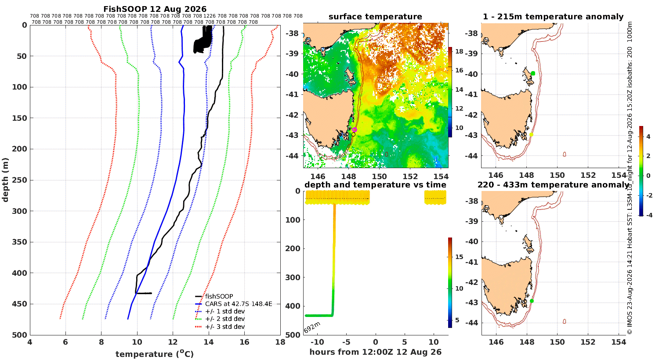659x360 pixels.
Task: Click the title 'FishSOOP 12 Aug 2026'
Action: pyautogui.click(x=155, y=9)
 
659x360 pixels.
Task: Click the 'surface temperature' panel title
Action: pyautogui.click(x=375, y=17)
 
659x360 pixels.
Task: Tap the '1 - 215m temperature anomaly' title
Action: pyautogui.click(x=553, y=17)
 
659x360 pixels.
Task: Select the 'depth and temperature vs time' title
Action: pyautogui.click(x=375, y=185)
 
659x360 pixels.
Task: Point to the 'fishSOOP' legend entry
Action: pyautogui.click(x=219, y=296)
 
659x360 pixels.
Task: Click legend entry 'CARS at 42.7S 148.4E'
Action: pyautogui.click(x=239, y=304)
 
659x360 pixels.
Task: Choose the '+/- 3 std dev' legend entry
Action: pyautogui.click(x=225, y=327)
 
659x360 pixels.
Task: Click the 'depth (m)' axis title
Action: pyautogui.click(x=5, y=180)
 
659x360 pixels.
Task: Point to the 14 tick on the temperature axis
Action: pyautogui.click(x=209, y=342)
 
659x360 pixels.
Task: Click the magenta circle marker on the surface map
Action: pyautogui.click(x=355, y=130)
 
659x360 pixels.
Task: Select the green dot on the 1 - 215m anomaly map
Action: pyautogui.click(x=533, y=73)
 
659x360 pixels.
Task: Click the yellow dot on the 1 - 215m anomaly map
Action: pyautogui.click(x=531, y=135)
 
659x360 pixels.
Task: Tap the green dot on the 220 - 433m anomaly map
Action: pyautogui.click(x=532, y=301)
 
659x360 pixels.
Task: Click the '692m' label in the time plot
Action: pyautogui.click(x=312, y=328)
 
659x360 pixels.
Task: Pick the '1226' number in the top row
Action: pyautogui.click(x=210, y=16)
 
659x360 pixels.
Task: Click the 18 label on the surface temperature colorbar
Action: pyautogui.click(x=459, y=51)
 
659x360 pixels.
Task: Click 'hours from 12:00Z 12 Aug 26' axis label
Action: pyautogui.click(x=375, y=352)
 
